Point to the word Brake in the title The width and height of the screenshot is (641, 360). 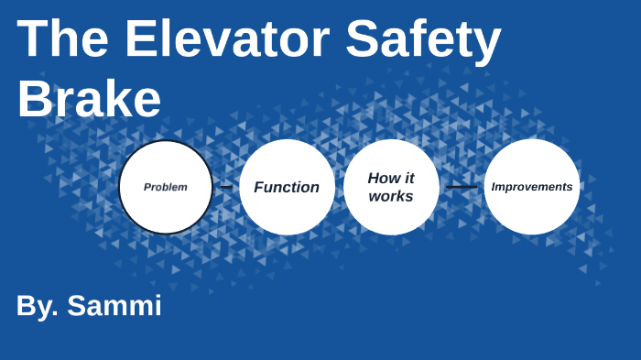(89, 100)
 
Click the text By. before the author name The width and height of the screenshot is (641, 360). (38, 306)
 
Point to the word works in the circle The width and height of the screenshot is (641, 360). (391, 196)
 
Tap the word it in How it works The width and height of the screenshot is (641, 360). (408, 178)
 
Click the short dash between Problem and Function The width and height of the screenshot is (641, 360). (226, 187)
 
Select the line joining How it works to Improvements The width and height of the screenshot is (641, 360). (462, 187)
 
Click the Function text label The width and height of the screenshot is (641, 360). (287, 187)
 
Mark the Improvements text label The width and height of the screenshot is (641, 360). (531, 187)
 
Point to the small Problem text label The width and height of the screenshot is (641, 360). (166, 187)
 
